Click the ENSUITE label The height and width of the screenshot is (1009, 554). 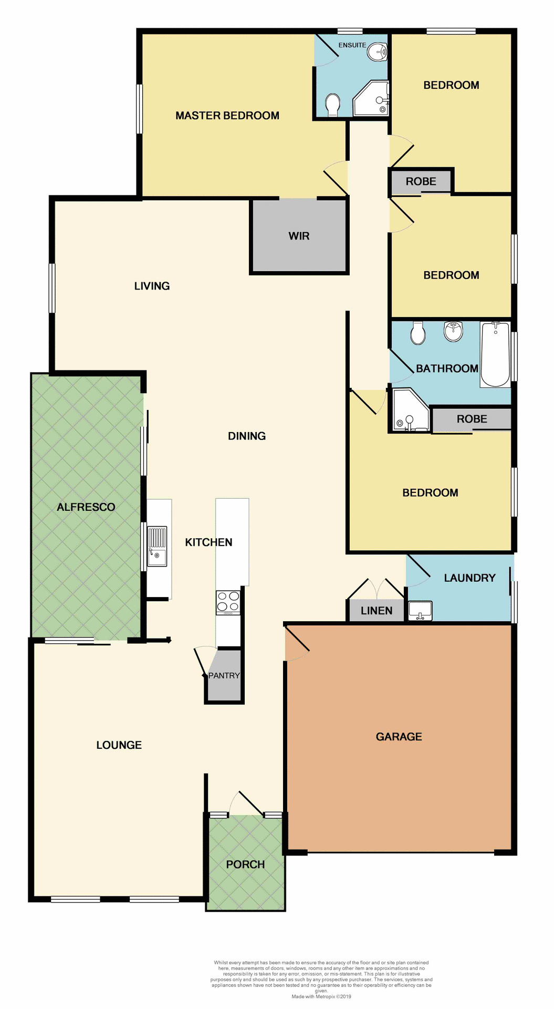352,45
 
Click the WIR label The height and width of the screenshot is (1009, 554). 299,236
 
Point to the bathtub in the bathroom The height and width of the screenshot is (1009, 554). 495,354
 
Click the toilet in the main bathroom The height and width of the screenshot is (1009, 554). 418,333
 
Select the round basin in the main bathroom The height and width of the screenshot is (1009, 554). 453,331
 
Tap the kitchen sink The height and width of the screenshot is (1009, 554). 157,547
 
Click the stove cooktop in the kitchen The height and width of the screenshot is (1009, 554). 228,602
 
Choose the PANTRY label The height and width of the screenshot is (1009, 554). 224,675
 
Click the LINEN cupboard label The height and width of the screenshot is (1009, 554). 377,611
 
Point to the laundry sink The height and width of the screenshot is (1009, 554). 420,611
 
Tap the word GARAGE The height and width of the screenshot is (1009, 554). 399,737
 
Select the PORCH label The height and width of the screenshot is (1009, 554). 245,864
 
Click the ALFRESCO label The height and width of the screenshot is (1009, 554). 86,507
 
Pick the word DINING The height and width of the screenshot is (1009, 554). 247,436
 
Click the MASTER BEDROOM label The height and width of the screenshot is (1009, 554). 227,116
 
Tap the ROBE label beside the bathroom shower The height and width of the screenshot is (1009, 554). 472,419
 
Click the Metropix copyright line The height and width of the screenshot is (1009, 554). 321,996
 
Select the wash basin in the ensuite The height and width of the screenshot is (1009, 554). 377,52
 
